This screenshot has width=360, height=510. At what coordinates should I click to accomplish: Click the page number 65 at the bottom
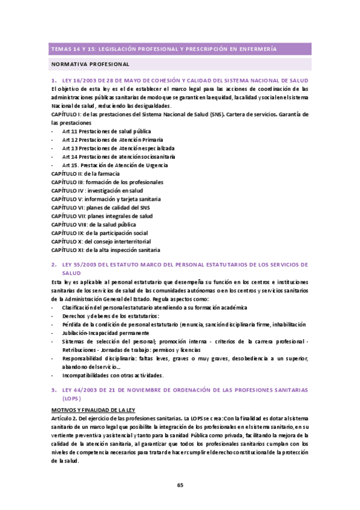pos(180,485)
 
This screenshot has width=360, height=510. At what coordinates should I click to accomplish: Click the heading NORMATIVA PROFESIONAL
pos(90,63)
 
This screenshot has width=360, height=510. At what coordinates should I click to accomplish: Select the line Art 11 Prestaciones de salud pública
pos(106,131)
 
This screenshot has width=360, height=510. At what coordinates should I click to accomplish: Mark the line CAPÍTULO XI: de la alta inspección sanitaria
pos(106,250)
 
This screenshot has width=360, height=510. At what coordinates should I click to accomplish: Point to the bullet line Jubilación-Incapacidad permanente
pos(105,333)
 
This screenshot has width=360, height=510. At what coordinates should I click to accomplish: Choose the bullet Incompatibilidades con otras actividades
pos(112,375)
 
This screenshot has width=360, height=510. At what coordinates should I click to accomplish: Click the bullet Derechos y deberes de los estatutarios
pos(110,316)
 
